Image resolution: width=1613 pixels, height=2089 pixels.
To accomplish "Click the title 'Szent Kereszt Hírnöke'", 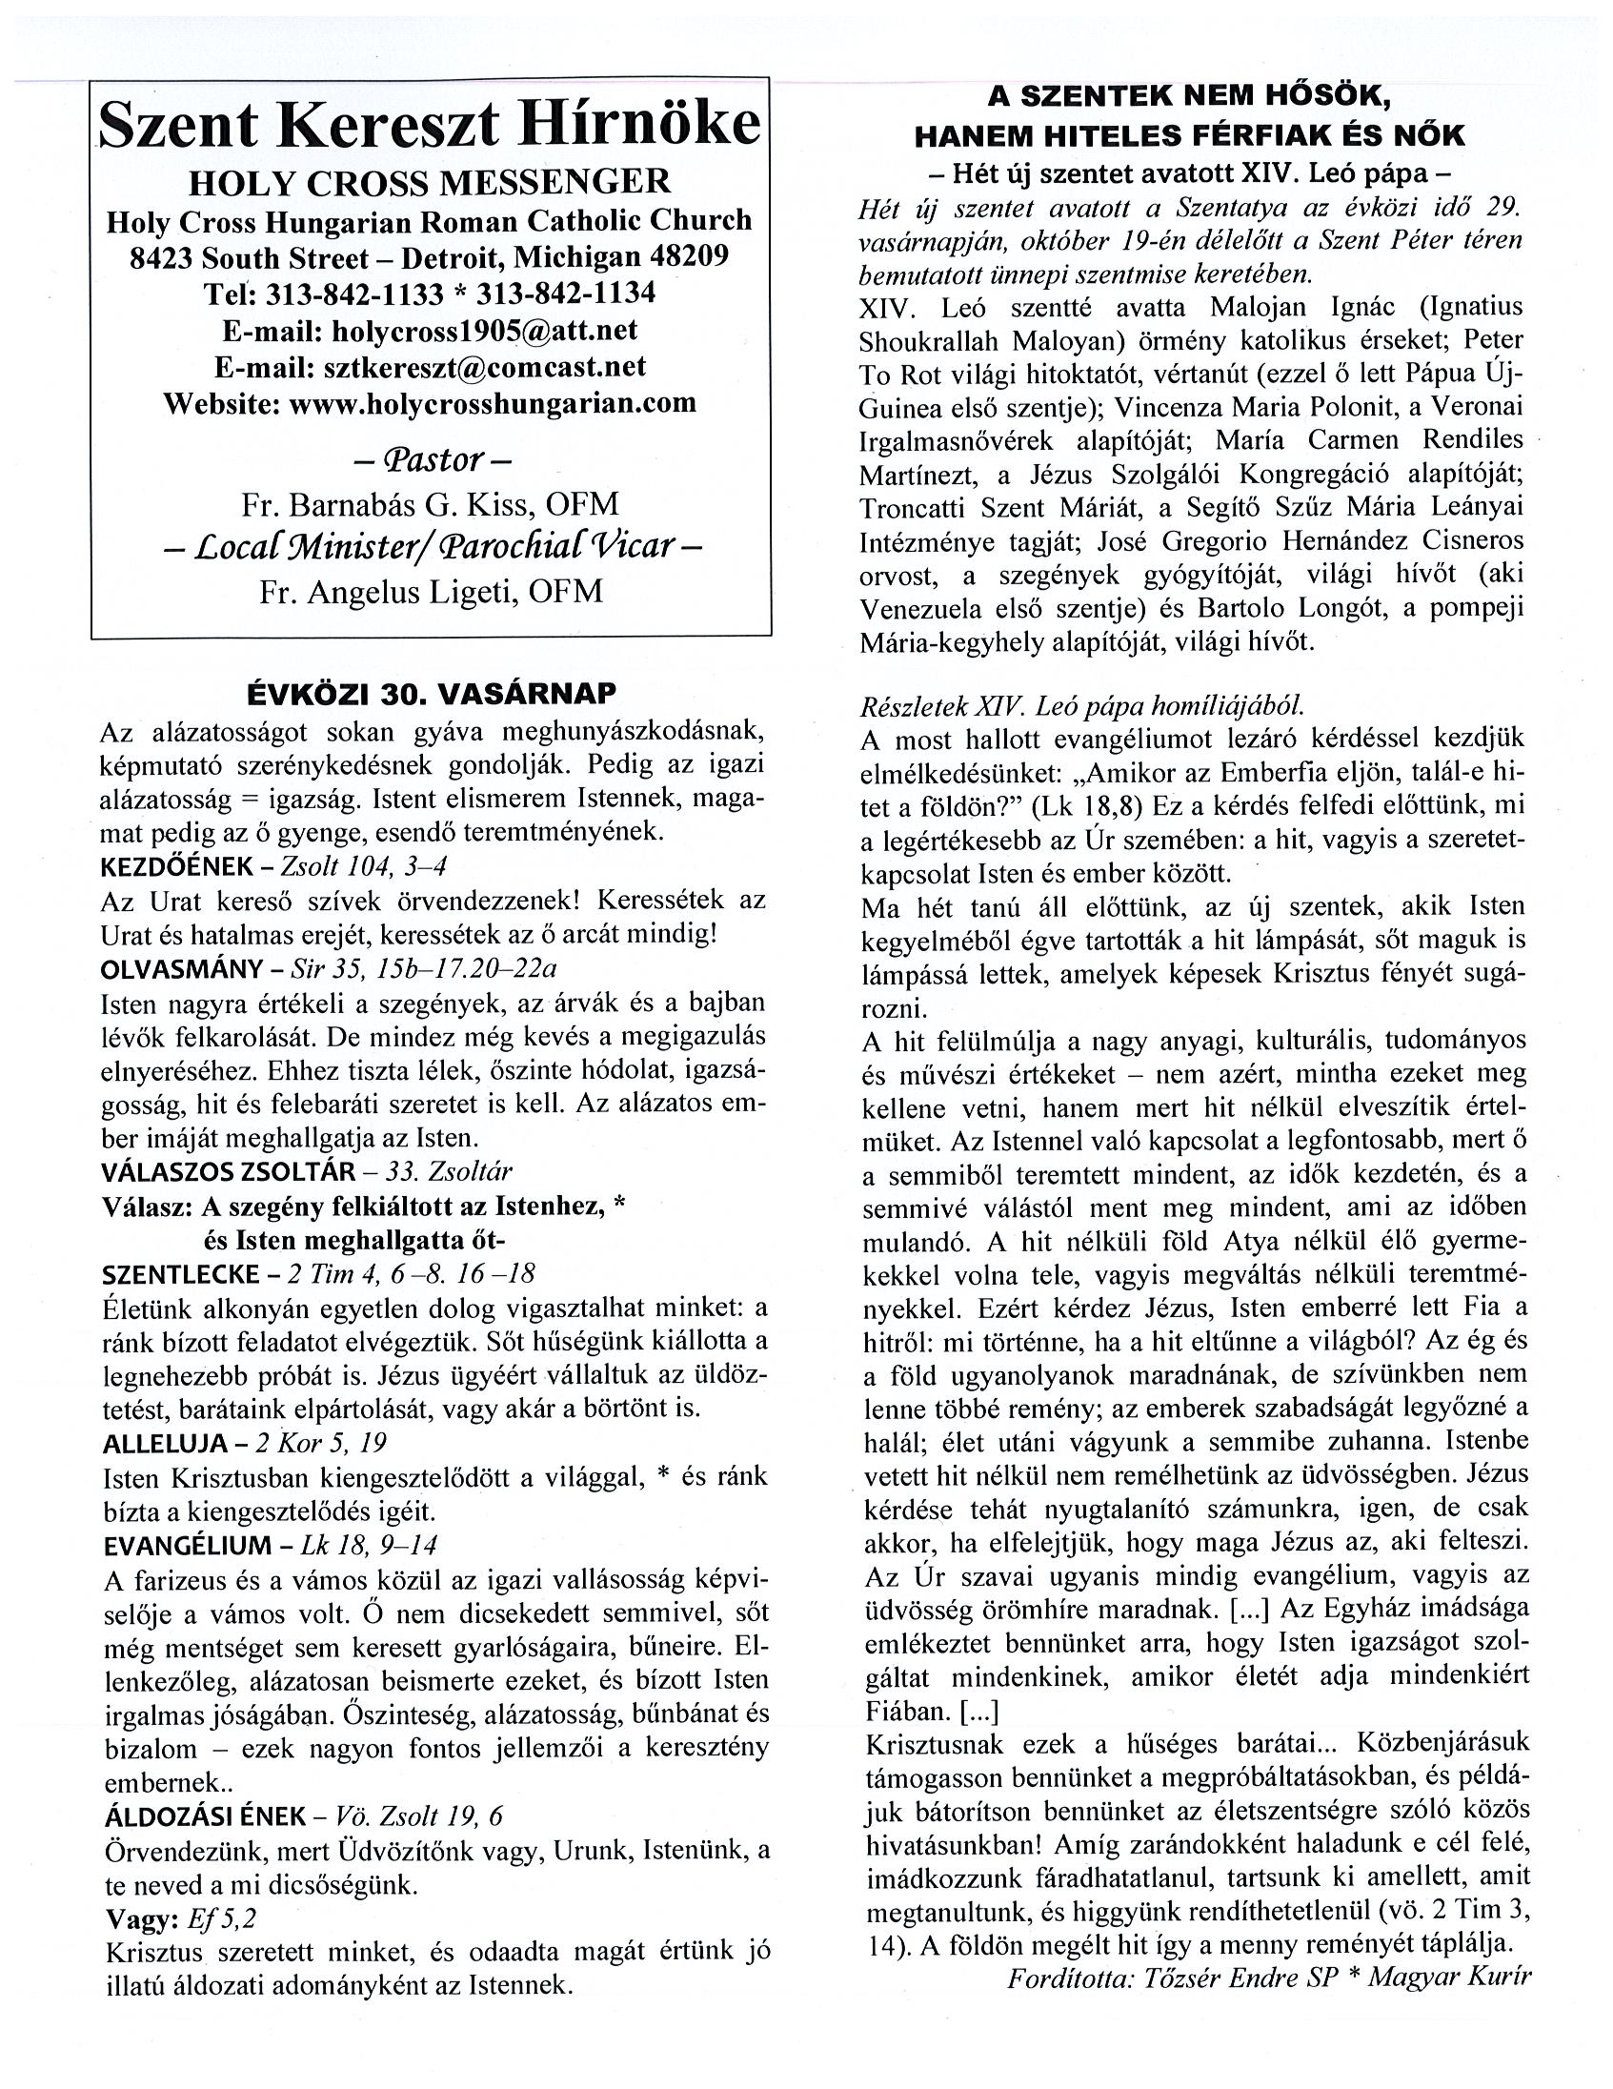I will [x=431, y=124].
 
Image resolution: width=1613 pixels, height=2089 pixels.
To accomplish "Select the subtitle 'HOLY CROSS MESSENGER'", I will [x=430, y=182].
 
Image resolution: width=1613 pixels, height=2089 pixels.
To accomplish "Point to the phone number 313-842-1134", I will [x=566, y=293].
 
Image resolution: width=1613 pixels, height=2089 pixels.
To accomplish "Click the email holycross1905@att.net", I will [x=484, y=330].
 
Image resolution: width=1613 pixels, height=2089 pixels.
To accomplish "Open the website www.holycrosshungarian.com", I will [x=493, y=403].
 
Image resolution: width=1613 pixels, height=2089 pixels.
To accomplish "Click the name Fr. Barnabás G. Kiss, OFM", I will [x=431, y=504].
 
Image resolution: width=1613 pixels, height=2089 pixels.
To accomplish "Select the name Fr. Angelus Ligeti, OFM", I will [x=432, y=591].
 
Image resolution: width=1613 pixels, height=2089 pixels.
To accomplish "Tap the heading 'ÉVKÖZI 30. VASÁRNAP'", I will [x=432, y=694].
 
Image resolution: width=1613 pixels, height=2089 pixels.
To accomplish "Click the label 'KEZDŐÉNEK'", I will [x=174, y=866].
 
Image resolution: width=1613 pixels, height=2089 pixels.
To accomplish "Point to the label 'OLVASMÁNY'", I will [x=181, y=970].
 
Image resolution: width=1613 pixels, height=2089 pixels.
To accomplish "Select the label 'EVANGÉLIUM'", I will [x=188, y=1546].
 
